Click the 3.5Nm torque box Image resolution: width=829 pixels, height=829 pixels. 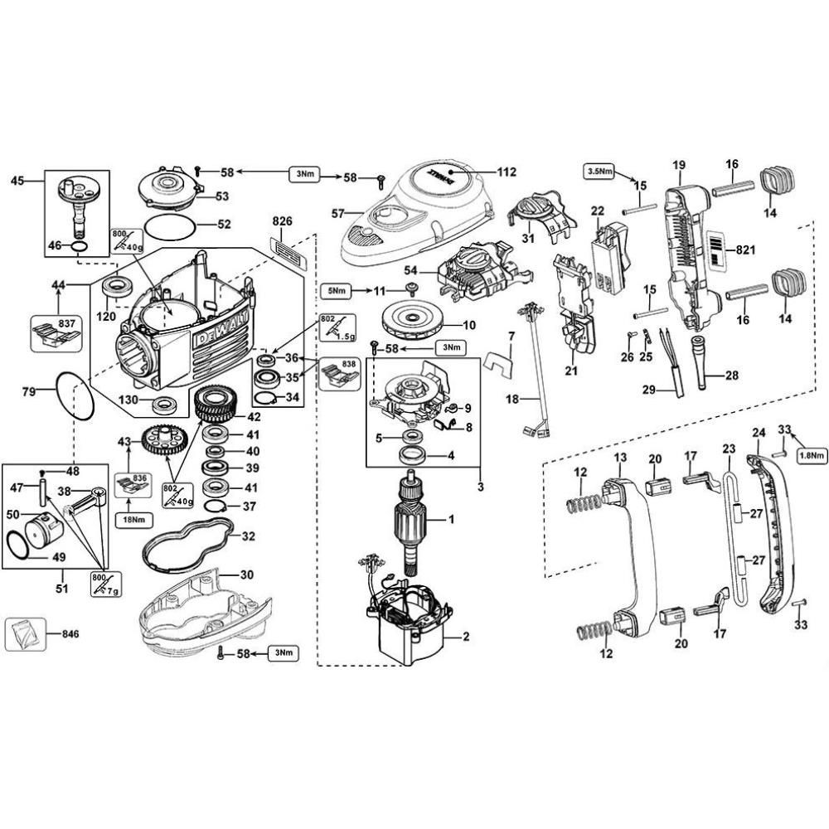pyautogui.click(x=600, y=172)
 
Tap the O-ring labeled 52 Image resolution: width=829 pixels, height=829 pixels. pyautogui.click(x=172, y=225)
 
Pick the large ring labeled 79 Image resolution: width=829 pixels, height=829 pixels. pyautogui.click(x=75, y=395)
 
